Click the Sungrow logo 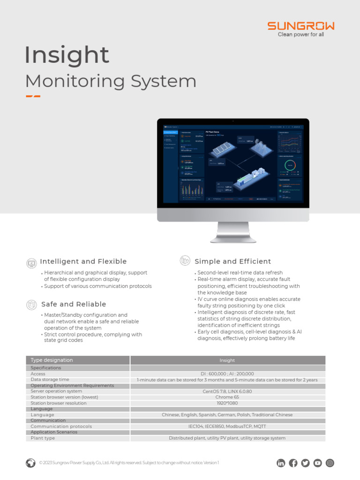[301, 26]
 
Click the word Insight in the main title [67, 55]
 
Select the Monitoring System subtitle [111, 81]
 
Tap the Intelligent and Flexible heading [83, 262]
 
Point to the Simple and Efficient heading [232, 262]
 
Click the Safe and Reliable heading [74, 304]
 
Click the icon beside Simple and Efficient [185, 261]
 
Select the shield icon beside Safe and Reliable [31, 305]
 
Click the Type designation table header [52, 360]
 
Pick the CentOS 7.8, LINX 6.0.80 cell [227, 391]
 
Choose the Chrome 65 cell [227, 397]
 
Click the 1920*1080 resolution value [227, 403]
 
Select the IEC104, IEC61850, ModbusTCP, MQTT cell [227, 427]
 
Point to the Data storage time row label [50, 380]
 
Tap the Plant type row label [43, 438]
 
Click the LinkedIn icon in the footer [281, 463]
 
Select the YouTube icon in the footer [318, 463]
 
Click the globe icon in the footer [30, 463]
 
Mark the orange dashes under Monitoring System [33, 97]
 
